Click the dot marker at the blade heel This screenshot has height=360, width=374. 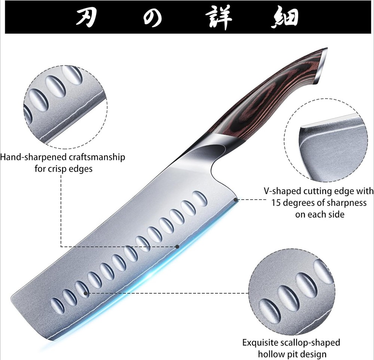(236, 200)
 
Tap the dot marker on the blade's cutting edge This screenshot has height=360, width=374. (178, 246)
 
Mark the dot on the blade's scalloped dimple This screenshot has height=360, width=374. (86, 293)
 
